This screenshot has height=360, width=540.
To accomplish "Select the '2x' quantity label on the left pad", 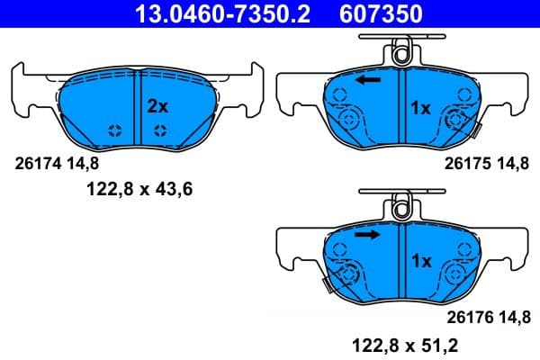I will [x=157, y=106].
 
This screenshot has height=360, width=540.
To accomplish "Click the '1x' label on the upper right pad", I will [x=421, y=108].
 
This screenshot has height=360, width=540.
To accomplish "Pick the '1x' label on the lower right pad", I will [x=421, y=261].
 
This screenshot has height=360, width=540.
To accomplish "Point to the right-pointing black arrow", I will [x=367, y=235].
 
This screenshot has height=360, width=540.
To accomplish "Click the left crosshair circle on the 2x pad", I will [x=115, y=131].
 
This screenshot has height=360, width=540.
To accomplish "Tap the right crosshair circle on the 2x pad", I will [x=159, y=131].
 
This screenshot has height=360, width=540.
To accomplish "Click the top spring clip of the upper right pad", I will [x=403, y=50].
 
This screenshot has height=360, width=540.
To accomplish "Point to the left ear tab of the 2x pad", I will [x=24, y=90].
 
